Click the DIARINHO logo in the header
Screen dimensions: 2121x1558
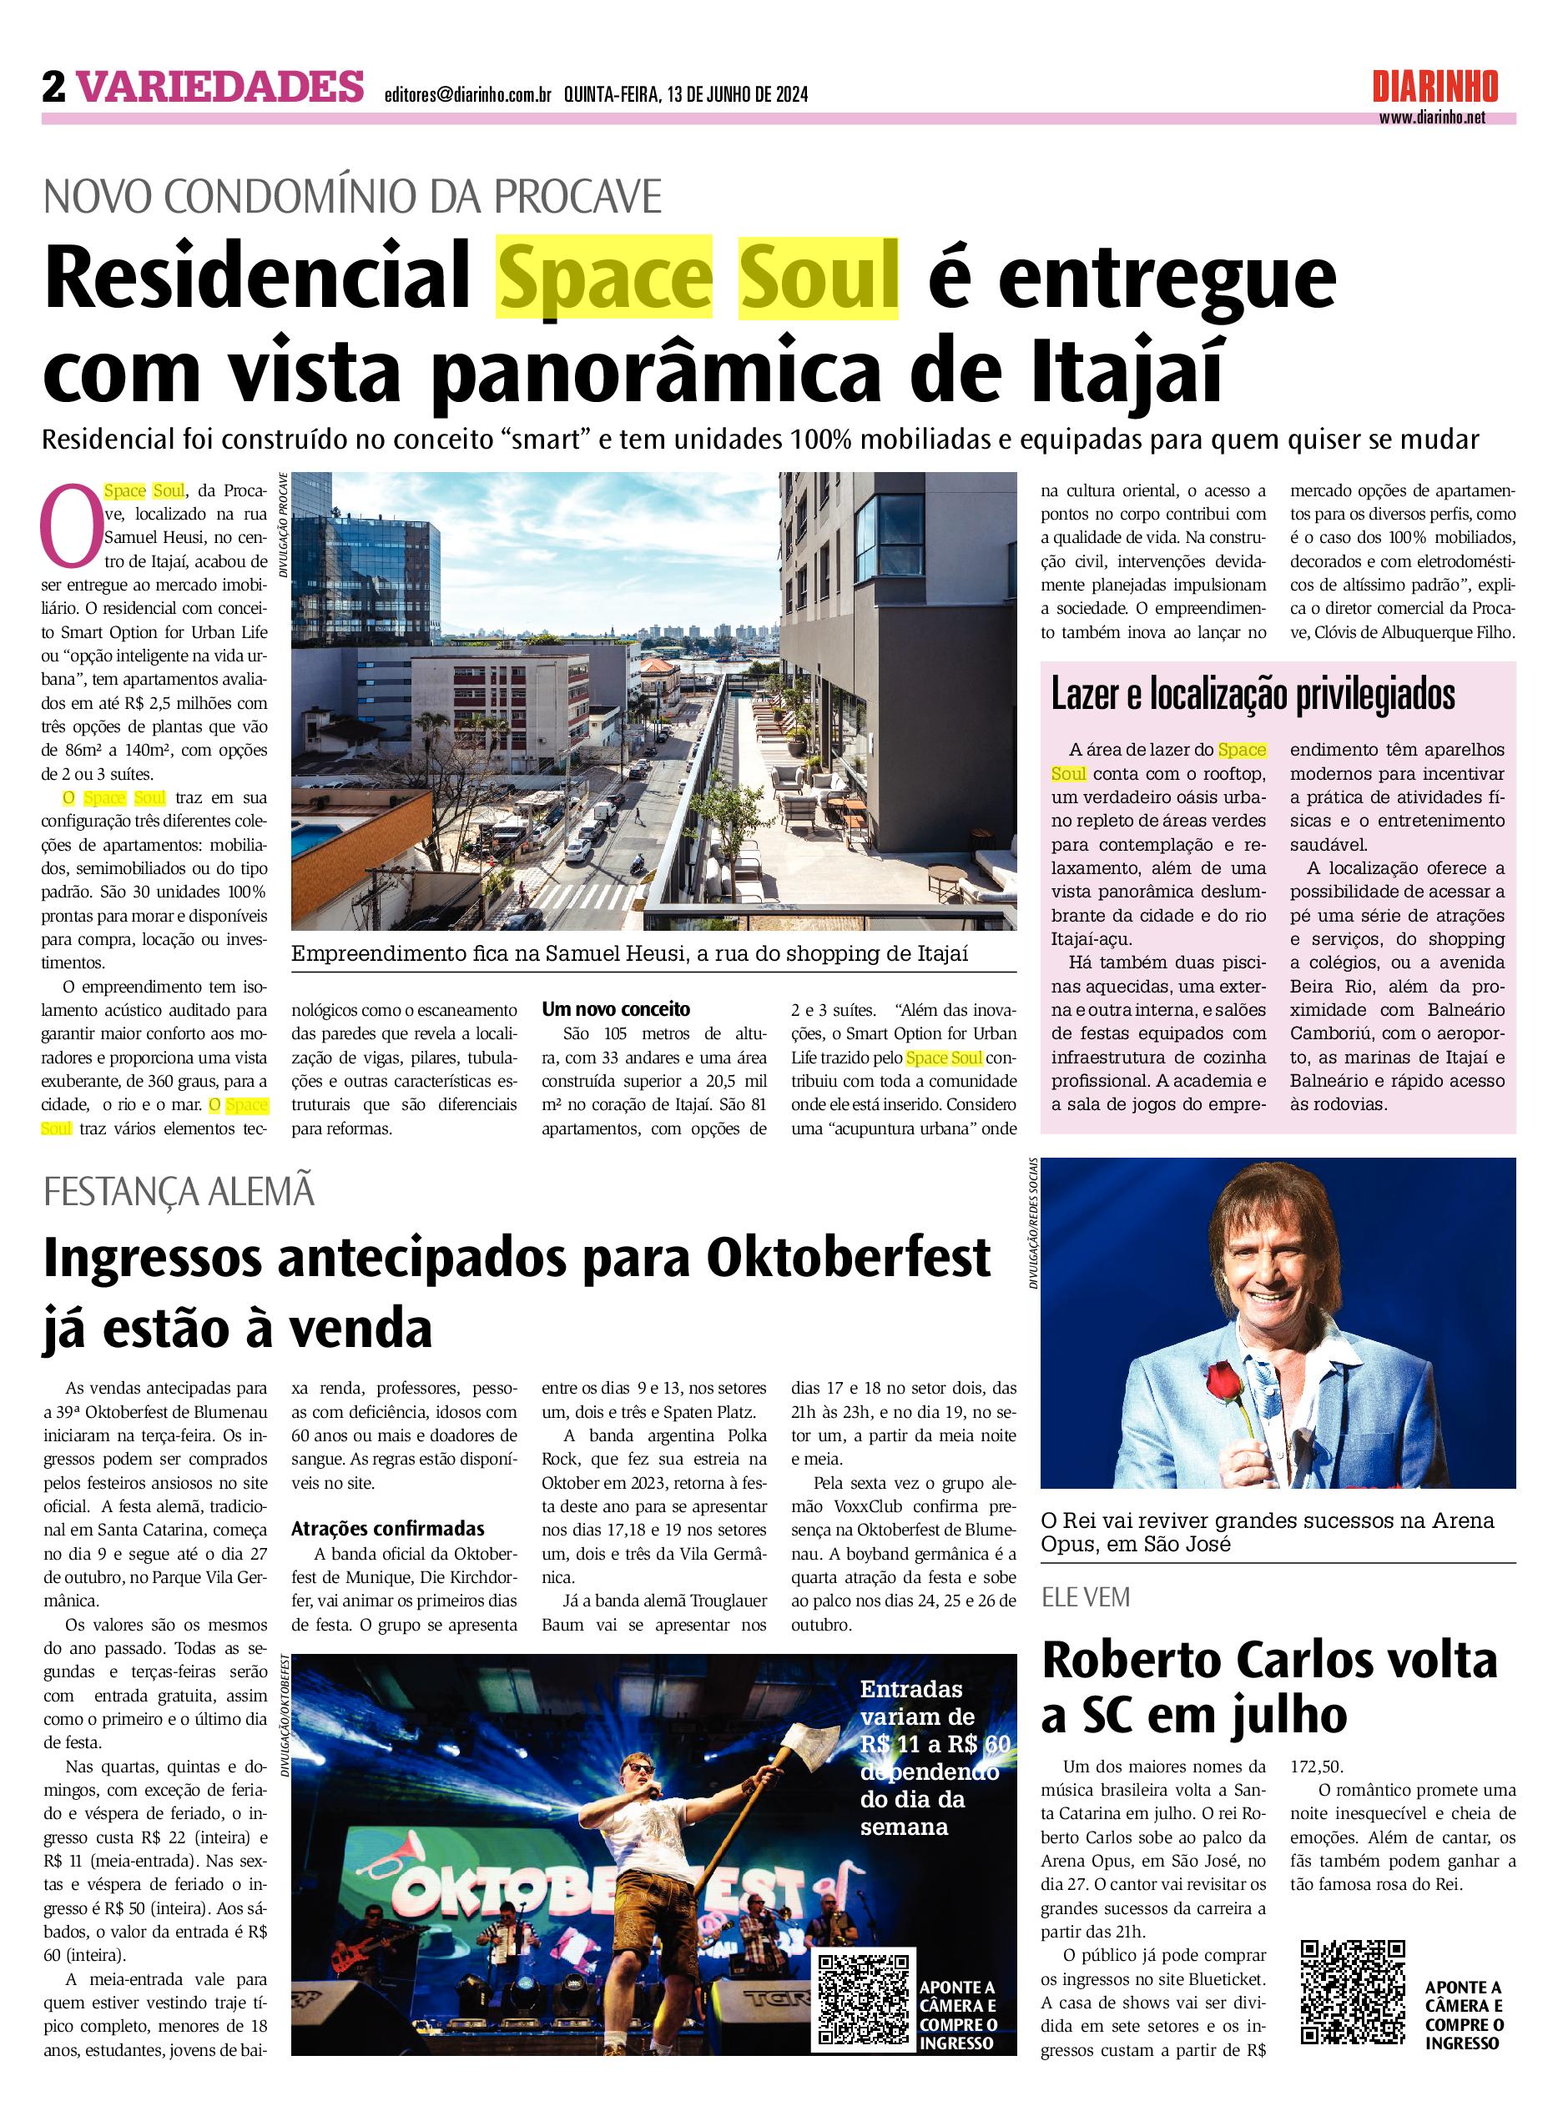click(1434, 88)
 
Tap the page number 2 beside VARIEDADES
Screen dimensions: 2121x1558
click(53, 88)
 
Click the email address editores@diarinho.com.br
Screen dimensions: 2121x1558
click(468, 94)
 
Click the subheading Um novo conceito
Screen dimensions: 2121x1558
click(615, 1008)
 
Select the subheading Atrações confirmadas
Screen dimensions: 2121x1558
click(387, 1529)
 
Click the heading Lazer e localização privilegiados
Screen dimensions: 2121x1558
click(1253, 695)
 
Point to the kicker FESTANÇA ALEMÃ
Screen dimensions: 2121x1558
click(179, 1193)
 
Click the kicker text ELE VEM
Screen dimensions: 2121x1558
click(1086, 1597)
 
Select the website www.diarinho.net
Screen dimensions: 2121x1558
click(1432, 118)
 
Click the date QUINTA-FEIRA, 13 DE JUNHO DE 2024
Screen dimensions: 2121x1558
click(686, 94)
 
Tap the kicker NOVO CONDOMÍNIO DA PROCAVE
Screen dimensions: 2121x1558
click(353, 197)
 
